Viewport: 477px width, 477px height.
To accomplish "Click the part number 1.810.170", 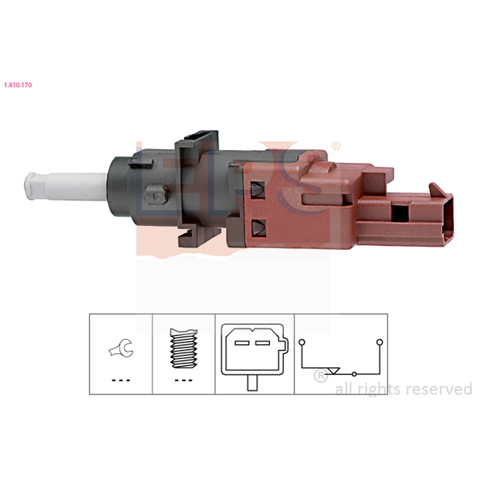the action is click(18, 85).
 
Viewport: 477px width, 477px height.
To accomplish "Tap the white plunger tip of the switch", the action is click(32, 186).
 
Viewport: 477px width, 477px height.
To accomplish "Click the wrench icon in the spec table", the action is click(121, 348).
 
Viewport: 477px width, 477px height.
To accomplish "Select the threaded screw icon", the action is click(184, 348).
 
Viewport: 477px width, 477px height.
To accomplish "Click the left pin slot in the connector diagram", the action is click(242, 343).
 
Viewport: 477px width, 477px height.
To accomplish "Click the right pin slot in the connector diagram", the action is click(262, 343).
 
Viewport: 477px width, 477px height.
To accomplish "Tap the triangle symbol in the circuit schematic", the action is click(333, 371).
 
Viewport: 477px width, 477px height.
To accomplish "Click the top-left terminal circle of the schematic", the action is click(302, 342).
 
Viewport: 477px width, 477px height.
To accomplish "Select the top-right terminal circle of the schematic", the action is click(380, 342).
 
